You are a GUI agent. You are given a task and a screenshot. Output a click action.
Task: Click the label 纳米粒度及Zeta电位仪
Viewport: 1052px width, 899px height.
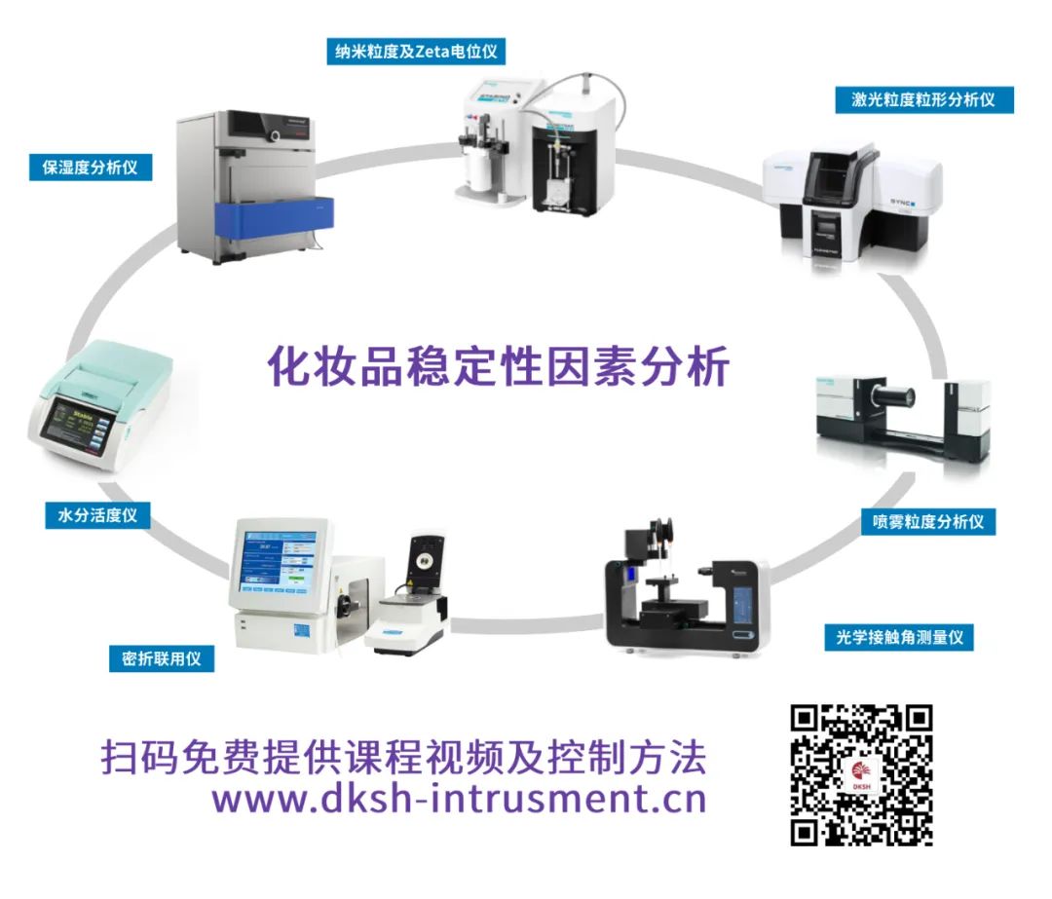(x=416, y=52)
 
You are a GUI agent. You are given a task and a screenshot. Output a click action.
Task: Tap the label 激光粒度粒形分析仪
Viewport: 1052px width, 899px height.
(x=923, y=100)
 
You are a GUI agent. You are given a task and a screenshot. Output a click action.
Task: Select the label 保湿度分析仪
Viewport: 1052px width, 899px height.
(x=91, y=168)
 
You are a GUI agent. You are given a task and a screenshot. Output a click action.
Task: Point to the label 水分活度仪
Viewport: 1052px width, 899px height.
(x=98, y=515)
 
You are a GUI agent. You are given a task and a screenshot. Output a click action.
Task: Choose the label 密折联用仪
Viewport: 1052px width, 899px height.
(x=162, y=658)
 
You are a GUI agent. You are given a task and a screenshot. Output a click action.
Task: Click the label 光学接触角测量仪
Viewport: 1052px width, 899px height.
(x=899, y=637)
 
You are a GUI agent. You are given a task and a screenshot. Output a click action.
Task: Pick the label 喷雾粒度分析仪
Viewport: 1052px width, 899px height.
(x=928, y=521)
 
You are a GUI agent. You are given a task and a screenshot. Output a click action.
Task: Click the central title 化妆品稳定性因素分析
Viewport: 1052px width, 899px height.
(x=499, y=366)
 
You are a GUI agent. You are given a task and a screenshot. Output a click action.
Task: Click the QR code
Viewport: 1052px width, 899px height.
(x=861, y=775)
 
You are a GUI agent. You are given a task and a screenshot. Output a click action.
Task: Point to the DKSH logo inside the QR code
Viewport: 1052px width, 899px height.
(x=861, y=776)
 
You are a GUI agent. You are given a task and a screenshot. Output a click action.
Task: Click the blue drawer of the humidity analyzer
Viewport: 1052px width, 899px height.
(x=274, y=219)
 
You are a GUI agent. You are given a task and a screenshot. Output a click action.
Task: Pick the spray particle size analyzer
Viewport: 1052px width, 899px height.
(x=902, y=422)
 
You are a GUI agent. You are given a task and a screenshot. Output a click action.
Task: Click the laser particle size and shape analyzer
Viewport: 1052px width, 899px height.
(x=852, y=202)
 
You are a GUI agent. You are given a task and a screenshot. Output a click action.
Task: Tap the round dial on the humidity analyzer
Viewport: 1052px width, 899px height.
(x=275, y=136)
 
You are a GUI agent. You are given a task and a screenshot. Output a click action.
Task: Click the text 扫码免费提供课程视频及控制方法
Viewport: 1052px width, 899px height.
(x=404, y=757)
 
